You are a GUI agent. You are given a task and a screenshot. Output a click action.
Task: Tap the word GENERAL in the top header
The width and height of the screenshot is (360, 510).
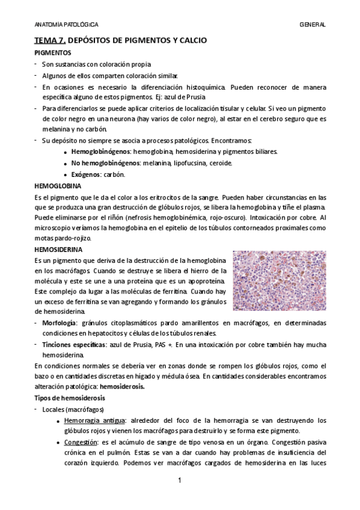pos(313,25)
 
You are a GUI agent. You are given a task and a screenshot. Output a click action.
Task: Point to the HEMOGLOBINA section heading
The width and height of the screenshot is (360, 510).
pos(57,186)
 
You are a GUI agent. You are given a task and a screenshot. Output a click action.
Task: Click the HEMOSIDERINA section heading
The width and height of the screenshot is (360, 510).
pos(58,249)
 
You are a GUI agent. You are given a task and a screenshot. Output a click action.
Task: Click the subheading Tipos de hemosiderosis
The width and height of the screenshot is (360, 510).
pos(69,398)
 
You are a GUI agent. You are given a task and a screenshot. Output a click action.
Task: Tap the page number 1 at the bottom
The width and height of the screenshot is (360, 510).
pos(180,483)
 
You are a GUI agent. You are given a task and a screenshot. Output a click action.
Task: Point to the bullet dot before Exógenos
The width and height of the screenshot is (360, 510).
pos(64,175)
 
